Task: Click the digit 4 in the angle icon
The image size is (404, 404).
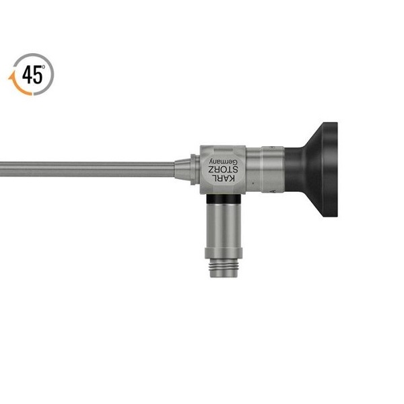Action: [x=27, y=75]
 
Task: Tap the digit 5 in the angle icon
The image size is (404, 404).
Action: [x=37, y=75]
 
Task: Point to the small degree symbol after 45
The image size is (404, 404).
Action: [x=44, y=67]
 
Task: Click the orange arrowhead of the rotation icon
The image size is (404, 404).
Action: [x=11, y=77]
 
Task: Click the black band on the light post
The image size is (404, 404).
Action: [x=224, y=199]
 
